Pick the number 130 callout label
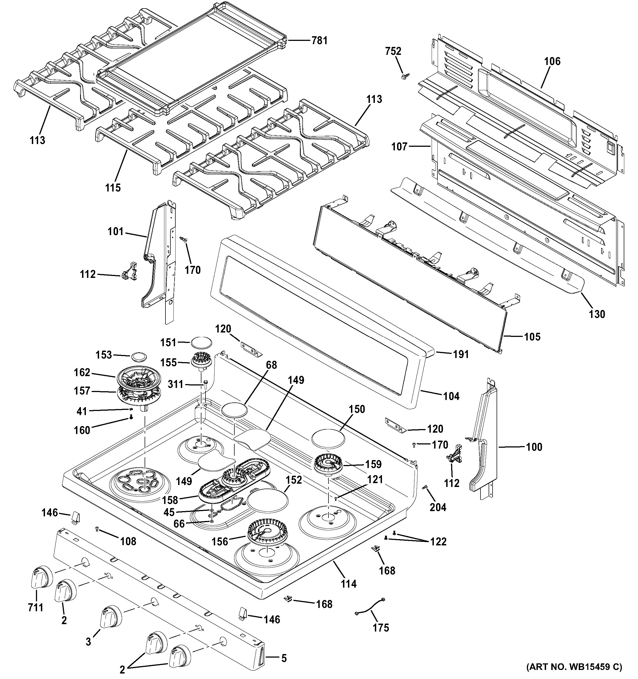(x=597, y=314)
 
